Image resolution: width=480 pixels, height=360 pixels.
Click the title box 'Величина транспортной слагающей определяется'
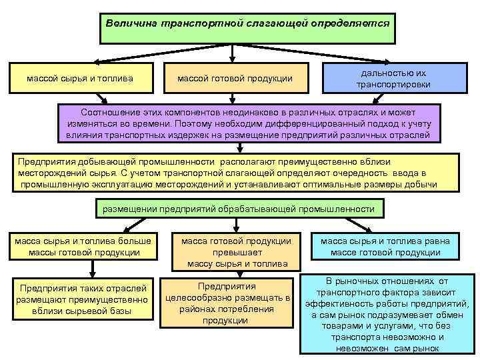pos(247,23)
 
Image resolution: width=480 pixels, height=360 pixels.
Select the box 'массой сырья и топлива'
pos(79,79)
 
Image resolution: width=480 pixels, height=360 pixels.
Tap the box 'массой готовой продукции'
pos(235,79)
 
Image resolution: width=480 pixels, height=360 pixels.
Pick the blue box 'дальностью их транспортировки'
pos(393,79)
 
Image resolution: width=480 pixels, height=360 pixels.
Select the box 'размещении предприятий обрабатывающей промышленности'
pos(238,209)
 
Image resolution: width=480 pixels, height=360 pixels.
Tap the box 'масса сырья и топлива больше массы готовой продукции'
pos(84,247)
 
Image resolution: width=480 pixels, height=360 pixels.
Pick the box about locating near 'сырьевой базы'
pos(84,299)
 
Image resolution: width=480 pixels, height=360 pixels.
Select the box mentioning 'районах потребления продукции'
pos(227,303)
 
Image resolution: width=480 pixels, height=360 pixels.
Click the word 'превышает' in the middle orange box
pos(237,253)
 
